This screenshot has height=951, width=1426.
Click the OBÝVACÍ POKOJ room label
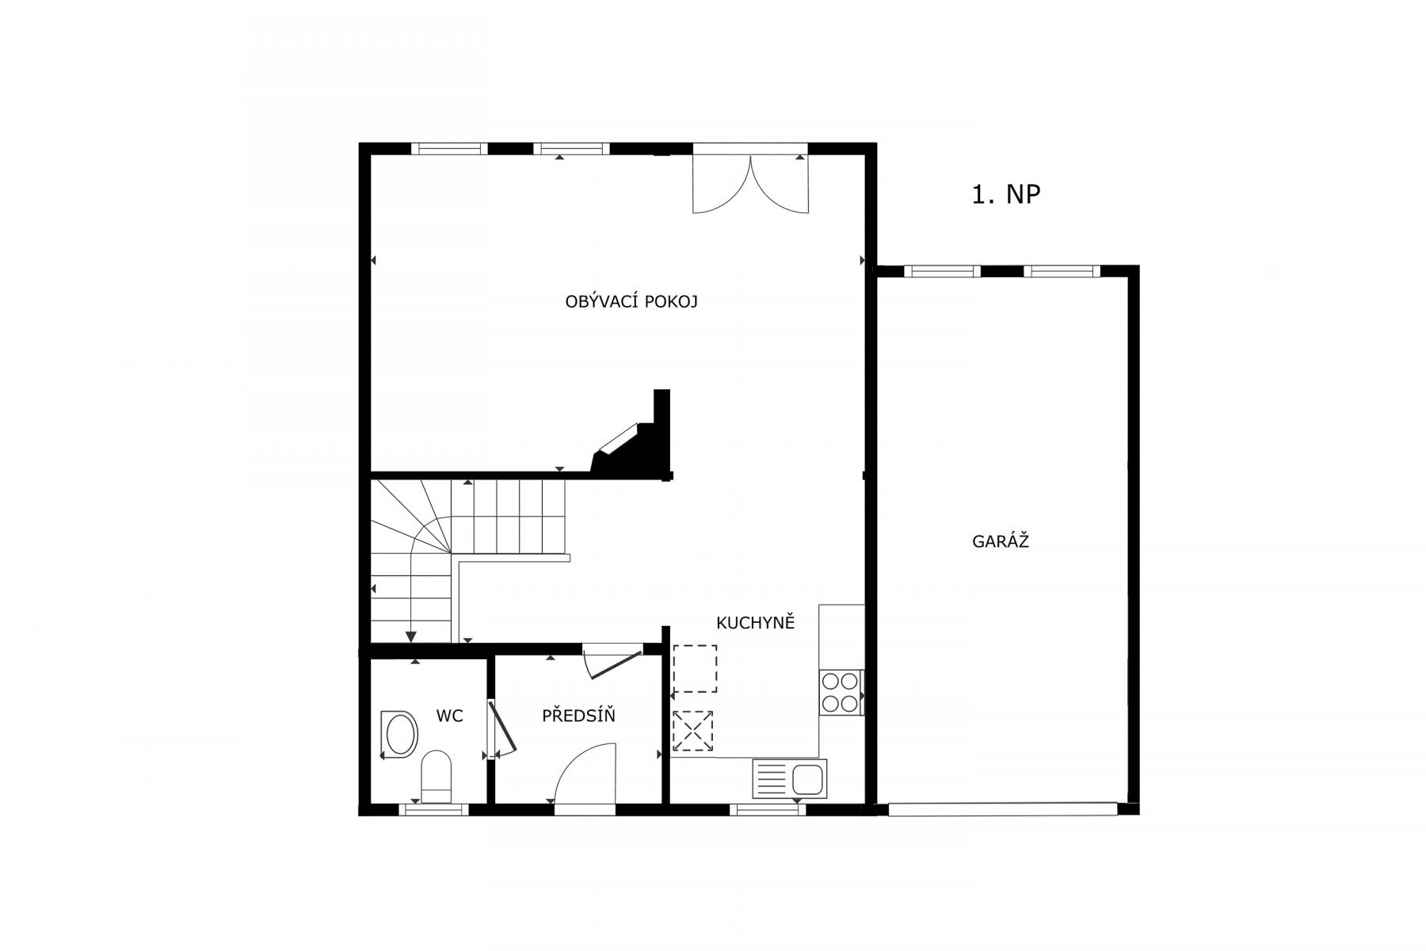[x=631, y=301]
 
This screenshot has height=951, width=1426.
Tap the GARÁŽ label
[x=1000, y=541]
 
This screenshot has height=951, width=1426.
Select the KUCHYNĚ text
[x=755, y=622]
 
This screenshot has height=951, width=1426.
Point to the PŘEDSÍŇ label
[x=578, y=715]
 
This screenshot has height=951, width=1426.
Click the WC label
[x=449, y=716]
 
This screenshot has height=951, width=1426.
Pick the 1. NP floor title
[x=1005, y=194]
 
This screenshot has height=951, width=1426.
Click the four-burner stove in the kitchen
[x=841, y=692]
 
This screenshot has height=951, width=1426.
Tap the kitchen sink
[x=790, y=778]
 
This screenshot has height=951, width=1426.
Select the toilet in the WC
[x=436, y=777]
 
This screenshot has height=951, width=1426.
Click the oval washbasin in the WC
[x=400, y=734]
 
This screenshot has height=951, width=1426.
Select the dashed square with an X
[x=693, y=731]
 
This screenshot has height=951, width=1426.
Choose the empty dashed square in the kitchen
[x=695, y=668]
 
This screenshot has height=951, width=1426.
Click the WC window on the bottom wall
[x=433, y=809]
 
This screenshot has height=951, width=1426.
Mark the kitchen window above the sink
[x=767, y=809]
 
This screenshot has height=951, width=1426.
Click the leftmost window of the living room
[x=449, y=148]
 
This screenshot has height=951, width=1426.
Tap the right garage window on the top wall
[x=1062, y=271]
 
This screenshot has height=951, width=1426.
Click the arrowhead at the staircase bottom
[x=410, y=636]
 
